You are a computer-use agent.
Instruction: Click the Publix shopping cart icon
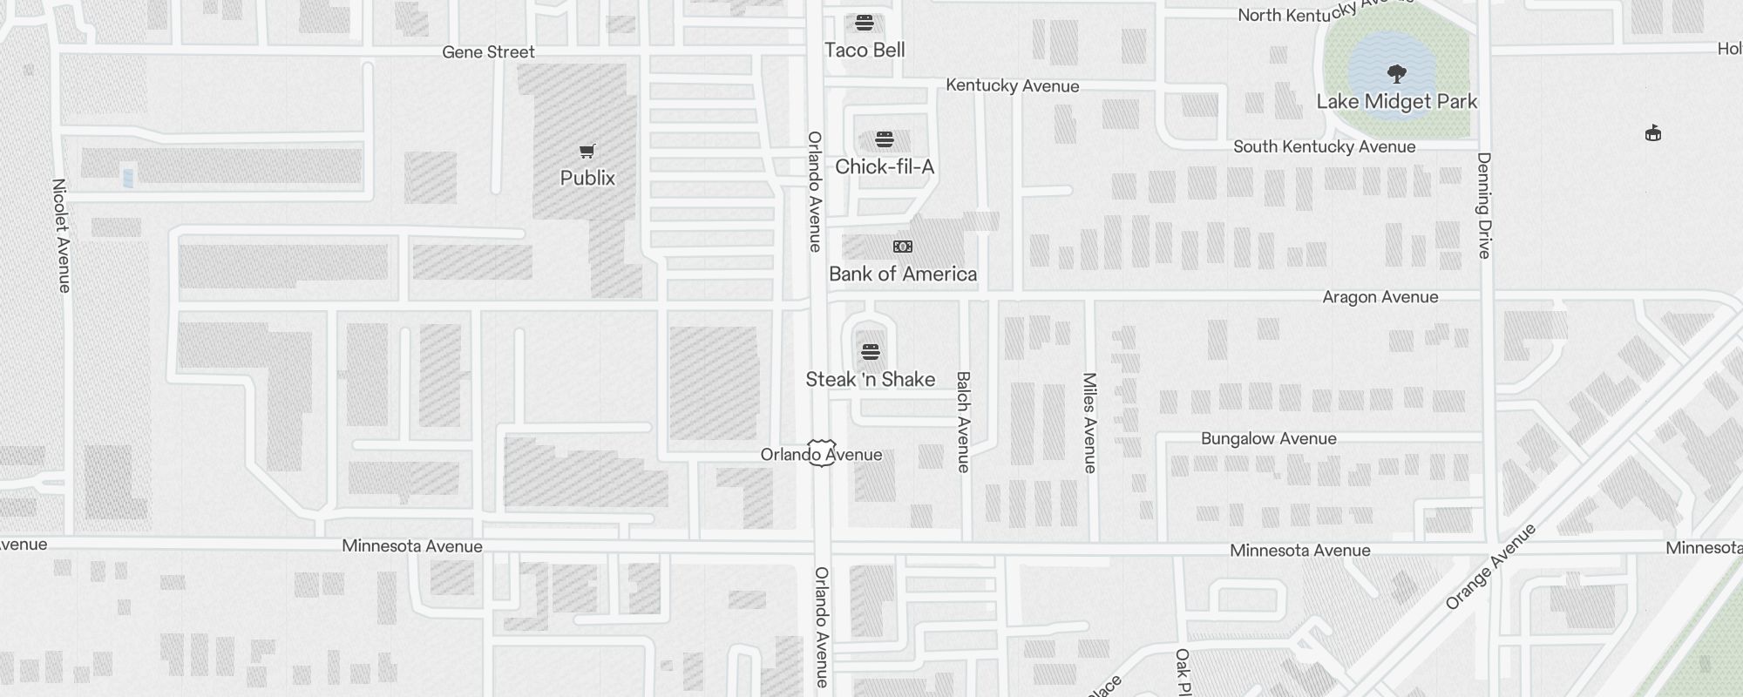click(x=587, y=152)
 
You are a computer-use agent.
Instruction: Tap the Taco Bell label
click(x=865, y=51)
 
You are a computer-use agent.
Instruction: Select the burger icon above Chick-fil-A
click(x=885, y=139)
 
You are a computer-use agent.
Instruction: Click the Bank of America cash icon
click(x=903, y=247)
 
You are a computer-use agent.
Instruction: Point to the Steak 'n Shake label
click(x=870, y=379)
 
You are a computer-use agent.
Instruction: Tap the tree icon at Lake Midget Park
click(x=1396, y=73)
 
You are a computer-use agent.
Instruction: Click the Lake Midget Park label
click(x=1396, y=102)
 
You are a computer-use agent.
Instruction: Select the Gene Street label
click(x=488, y=52)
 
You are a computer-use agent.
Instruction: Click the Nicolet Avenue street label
click(x=61, y=235)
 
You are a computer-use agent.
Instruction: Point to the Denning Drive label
click(x=1484, y=206)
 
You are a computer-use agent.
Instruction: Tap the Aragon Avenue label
click(x=1380, y=297)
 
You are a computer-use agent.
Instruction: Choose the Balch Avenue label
click(x=963, y=422)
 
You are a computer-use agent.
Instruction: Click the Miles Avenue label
click(x=1089, y=423)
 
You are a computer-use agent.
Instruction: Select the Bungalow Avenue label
click(x=1268, y=438)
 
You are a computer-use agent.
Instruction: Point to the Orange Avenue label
click(x=1490, y=566)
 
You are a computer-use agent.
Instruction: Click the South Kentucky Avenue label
click(x=1324, y=146)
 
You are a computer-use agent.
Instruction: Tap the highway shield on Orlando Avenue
click(x=821, y=452)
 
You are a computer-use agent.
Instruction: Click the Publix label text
click(x=587, y=178)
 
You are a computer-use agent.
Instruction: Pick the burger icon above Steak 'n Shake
click(x=870, y=352)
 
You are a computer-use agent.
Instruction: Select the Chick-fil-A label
click(x=885, y=166)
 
